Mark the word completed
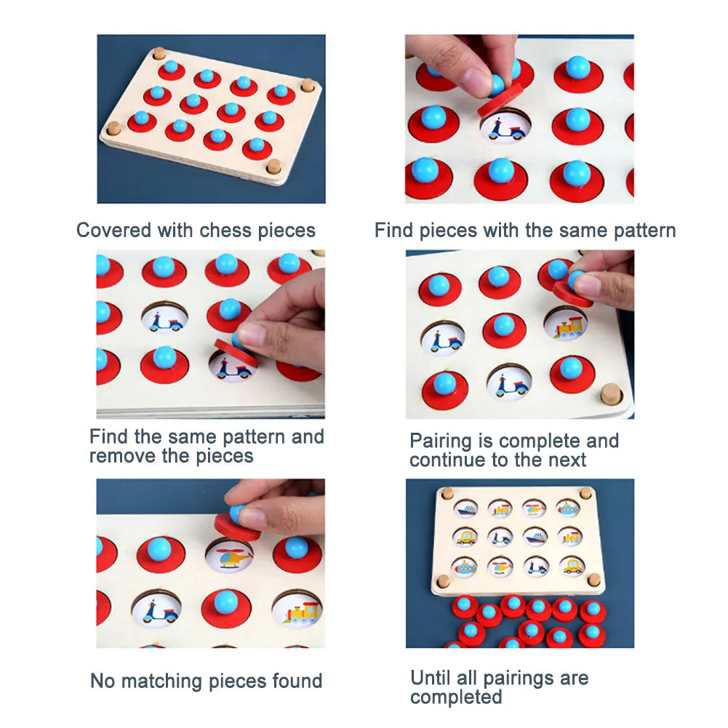[x=456, y=697]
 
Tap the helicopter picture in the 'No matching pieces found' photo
[x=230, y=556]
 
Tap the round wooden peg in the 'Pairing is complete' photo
[x=612, y=394]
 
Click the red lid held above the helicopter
[x=238, y=527]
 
